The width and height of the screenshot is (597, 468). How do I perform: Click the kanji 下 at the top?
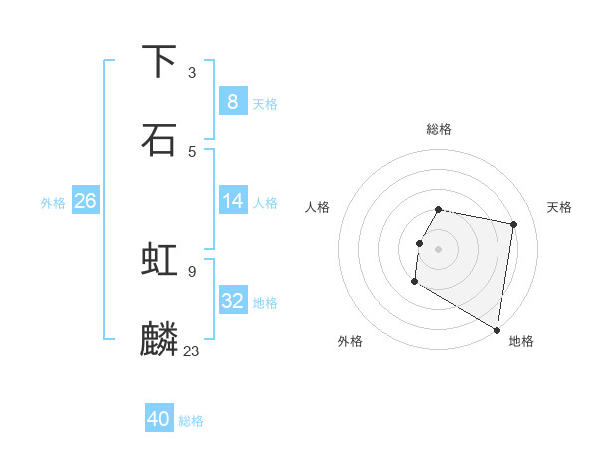159,61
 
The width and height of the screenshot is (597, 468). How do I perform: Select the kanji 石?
159,139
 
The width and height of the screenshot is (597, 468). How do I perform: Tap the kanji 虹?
159,260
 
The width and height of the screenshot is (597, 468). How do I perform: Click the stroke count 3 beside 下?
192,72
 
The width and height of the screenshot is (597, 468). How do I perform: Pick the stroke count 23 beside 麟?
192,351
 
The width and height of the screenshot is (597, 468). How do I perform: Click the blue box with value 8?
232,102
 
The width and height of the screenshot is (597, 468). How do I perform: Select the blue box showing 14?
232,201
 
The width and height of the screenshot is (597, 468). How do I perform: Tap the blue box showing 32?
232,301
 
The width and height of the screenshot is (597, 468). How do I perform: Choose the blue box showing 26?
85,201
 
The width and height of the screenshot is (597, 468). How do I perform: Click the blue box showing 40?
159,420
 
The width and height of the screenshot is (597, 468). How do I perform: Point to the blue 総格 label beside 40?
191,421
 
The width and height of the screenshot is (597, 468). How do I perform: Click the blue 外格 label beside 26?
53,202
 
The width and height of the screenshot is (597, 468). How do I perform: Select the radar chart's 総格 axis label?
439,129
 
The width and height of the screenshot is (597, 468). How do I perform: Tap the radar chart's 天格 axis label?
560,207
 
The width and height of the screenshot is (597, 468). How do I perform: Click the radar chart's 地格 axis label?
521,341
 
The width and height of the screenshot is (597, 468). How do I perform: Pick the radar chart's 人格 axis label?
317,207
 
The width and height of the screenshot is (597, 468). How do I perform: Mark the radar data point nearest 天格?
513,225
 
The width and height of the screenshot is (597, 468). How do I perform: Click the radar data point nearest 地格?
497,329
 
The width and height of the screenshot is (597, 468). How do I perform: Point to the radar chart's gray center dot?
439,248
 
